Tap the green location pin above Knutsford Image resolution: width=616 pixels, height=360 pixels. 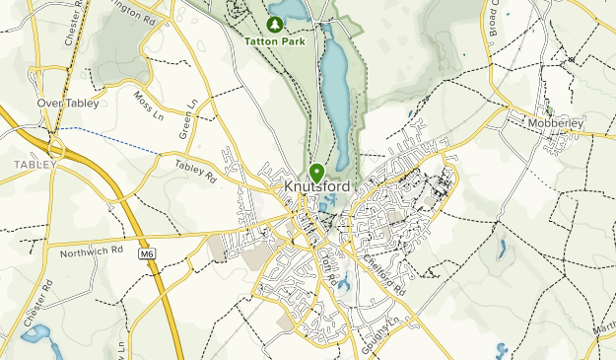pos(316,173)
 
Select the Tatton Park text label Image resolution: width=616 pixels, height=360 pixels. pos(275,41)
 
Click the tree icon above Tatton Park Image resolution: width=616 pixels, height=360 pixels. pos(275,23)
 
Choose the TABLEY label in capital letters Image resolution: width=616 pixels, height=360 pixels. pos(33,162)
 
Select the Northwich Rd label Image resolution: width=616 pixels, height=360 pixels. pos(88,252)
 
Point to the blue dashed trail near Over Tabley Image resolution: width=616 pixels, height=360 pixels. pos(108,139)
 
